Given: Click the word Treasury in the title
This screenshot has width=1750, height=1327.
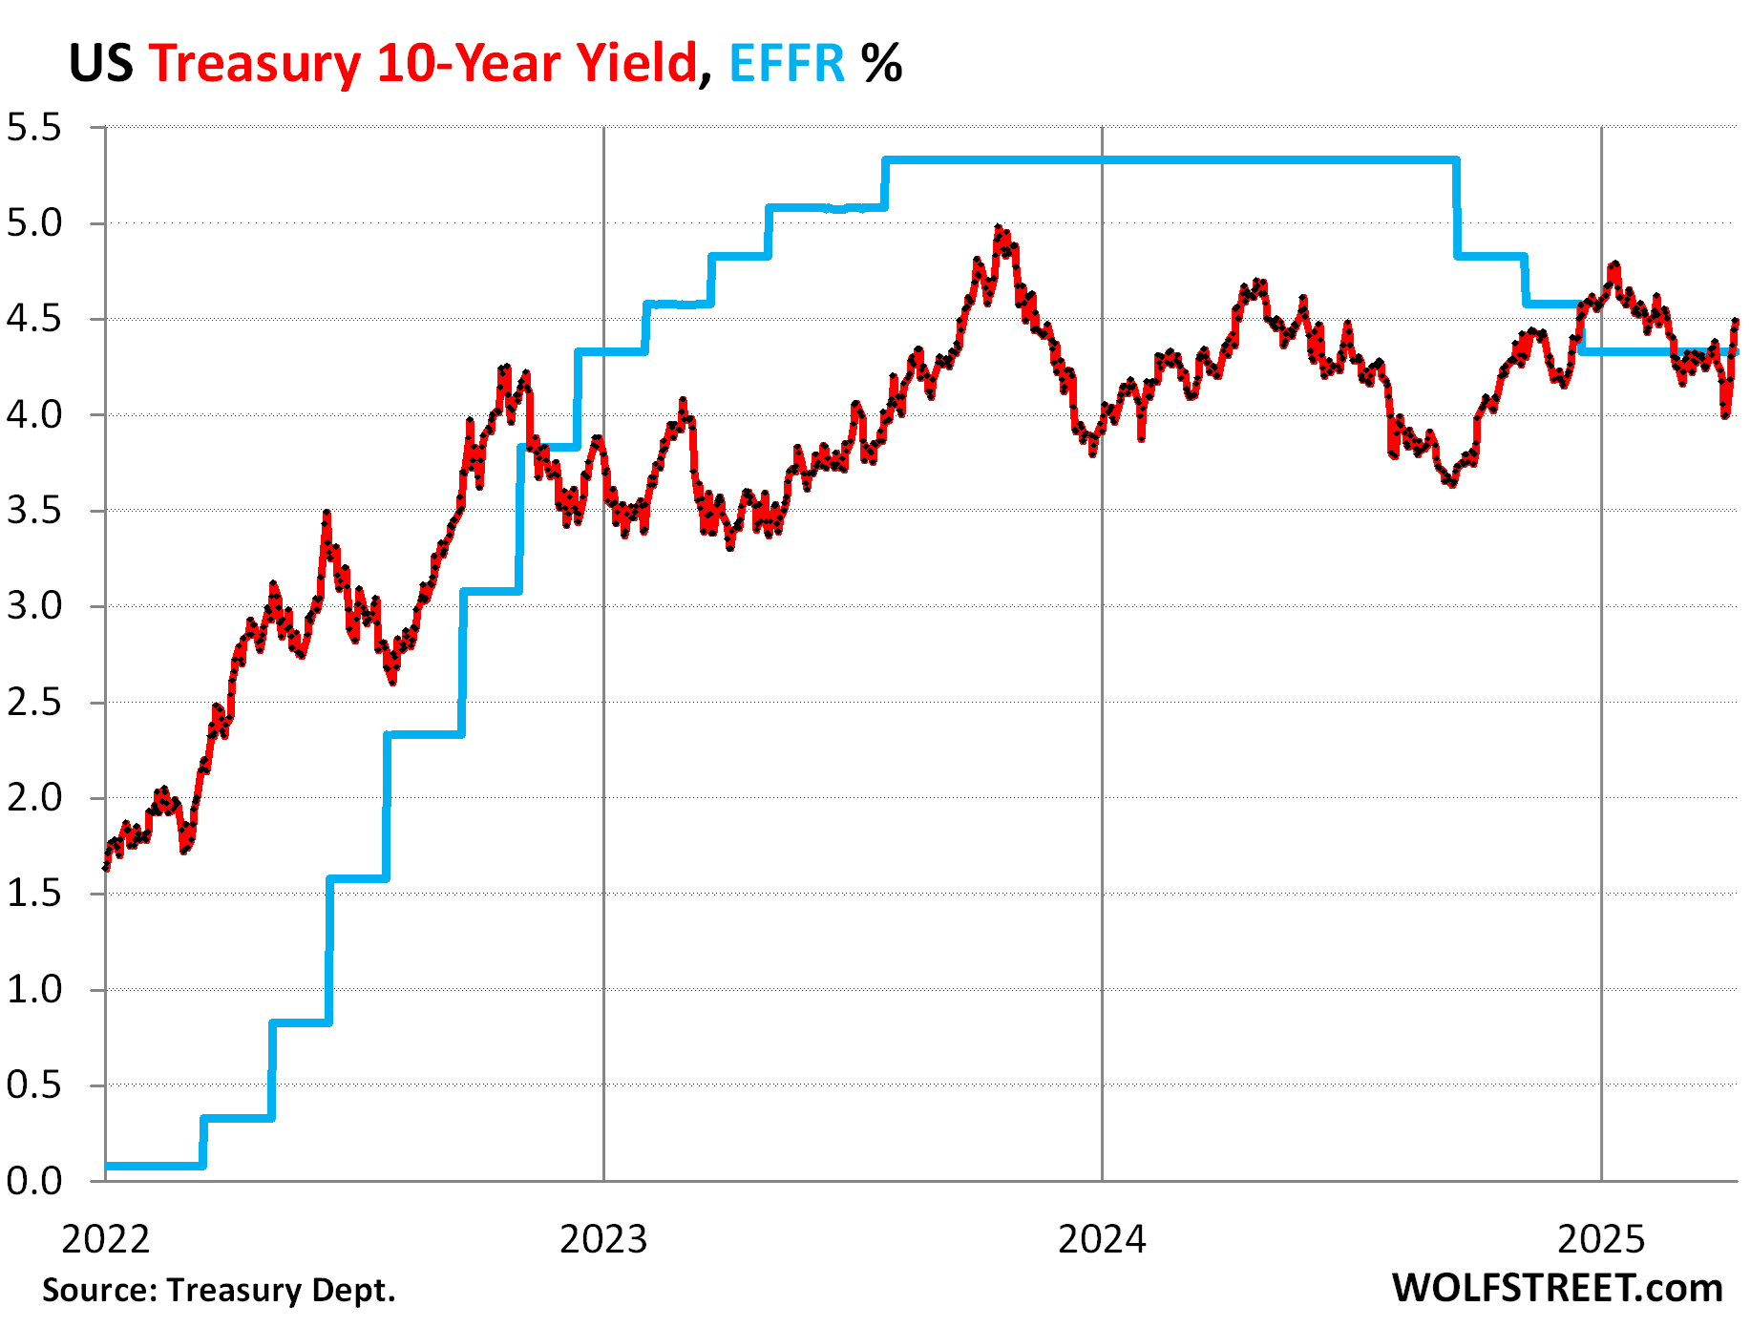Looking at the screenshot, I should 254,64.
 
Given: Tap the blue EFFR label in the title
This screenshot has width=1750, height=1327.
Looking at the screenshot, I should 787,64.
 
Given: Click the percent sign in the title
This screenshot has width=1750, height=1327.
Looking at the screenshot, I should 880,64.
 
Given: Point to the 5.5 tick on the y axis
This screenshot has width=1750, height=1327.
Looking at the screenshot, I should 33,128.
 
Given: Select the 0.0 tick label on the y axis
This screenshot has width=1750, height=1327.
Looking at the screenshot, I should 33,1182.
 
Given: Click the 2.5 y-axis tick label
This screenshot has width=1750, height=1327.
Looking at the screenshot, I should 33,703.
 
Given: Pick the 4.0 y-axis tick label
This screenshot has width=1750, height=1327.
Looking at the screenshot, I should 33,415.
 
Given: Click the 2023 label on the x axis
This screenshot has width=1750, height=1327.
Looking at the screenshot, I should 603,1240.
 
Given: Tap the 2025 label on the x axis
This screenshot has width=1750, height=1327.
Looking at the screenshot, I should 1601,1240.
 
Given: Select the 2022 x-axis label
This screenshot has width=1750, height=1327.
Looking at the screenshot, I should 105,1240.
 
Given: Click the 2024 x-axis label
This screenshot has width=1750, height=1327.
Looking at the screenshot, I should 1102,1240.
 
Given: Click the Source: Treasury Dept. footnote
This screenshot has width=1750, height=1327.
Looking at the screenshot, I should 219,1291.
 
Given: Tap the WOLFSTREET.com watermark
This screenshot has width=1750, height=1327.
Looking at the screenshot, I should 1556,1289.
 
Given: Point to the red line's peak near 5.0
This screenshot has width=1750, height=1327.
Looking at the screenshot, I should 999,229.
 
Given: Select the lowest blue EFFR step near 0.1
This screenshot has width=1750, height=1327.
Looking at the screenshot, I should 153,1166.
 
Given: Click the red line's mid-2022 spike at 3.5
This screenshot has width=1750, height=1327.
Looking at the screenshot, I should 327,515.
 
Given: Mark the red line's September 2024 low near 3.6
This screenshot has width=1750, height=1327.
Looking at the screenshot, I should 1451,483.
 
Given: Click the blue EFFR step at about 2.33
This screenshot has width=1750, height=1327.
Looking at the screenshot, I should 425,734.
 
